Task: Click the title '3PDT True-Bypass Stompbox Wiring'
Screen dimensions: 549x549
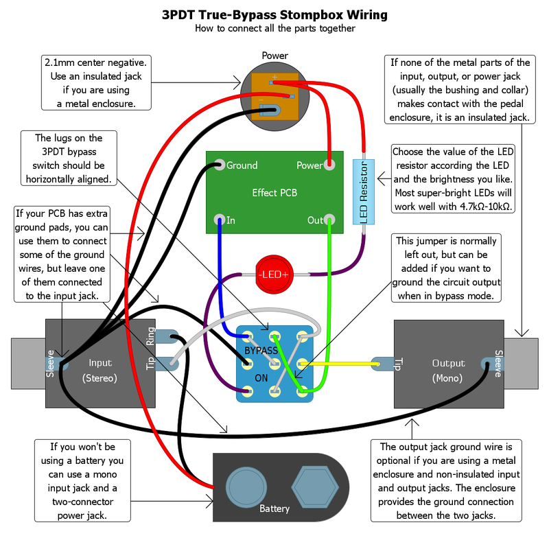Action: [274, 14]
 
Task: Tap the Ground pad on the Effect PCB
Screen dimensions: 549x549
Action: [219, 165]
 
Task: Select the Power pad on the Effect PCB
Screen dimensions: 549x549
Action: [329, 165]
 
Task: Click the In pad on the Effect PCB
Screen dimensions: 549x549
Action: [219, 220]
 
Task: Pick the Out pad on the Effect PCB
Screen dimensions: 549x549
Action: [329, 220]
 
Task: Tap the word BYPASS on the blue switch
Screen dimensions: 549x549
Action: [261, 350]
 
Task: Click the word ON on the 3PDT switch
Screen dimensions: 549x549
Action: [261, 377]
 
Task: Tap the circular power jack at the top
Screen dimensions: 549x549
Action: [274, 96]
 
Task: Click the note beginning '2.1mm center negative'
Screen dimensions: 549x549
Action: [96, 82]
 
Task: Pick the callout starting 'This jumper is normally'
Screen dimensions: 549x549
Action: [446, 268]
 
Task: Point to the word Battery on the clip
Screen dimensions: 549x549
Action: [274, 509]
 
